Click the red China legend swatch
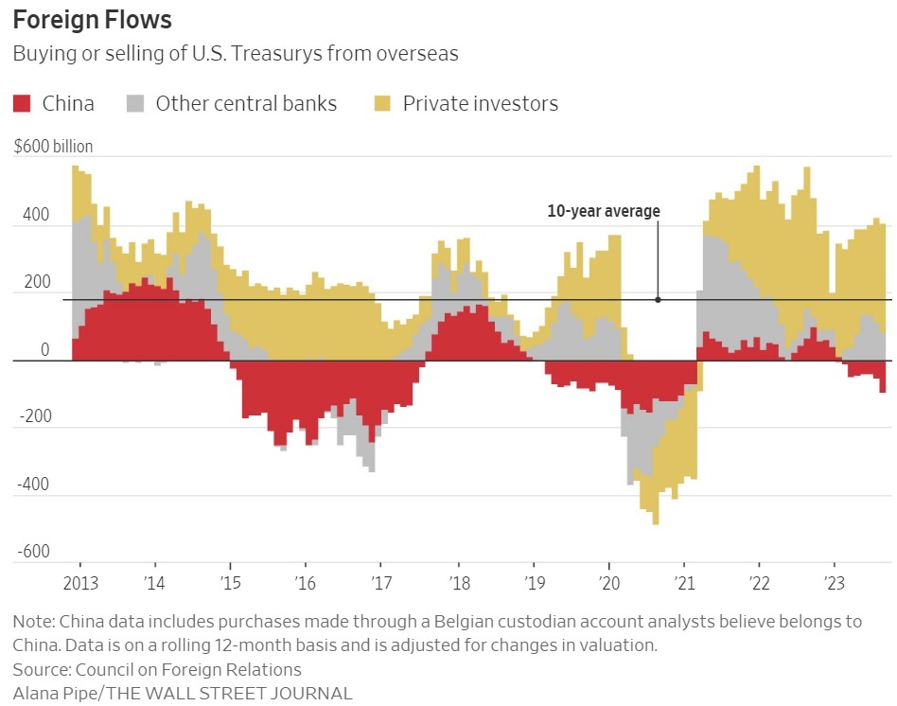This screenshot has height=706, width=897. [x=23, y=103]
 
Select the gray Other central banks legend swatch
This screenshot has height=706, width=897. [x=136, y=103]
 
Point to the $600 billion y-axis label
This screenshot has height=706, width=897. [x=53, y=147]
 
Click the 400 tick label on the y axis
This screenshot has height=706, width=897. [x=35, y=215]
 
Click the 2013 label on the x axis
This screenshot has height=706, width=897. [x=79, y=581]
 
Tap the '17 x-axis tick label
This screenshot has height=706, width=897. [x=380, y=581]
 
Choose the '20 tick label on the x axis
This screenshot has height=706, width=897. [x=607, y=581]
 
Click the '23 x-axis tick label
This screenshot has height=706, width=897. [x=834, y=581]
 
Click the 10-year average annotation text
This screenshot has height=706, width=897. [x=604, y=211]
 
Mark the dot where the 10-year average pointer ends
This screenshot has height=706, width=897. [x=659, y=300]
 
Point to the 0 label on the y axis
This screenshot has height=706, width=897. [x=44, y=350]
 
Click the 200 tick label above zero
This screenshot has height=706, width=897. [x=35, y=282]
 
